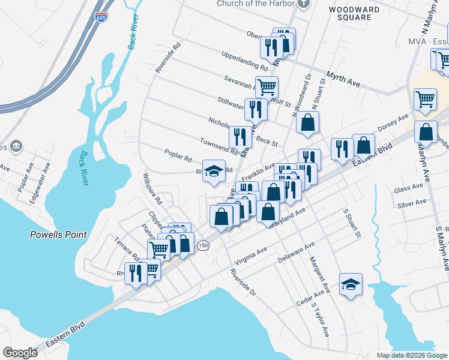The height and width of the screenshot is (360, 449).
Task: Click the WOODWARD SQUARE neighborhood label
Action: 354,13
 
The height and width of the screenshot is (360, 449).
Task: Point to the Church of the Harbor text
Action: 256,3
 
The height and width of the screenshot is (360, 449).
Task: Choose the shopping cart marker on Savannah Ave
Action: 267,86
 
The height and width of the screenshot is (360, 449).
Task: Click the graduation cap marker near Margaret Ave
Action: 351,284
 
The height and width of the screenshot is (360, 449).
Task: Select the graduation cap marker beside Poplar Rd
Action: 214,170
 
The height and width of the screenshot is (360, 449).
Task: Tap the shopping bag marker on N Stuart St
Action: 307,122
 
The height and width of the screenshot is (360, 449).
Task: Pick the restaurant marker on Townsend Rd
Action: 241,137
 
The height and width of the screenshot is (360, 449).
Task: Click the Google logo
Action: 20,352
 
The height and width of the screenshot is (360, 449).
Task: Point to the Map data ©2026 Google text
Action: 412,355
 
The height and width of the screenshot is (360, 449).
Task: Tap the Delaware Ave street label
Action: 297,253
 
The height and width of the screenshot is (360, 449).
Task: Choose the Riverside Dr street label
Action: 243,283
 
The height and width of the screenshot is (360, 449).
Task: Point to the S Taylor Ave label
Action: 319,319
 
